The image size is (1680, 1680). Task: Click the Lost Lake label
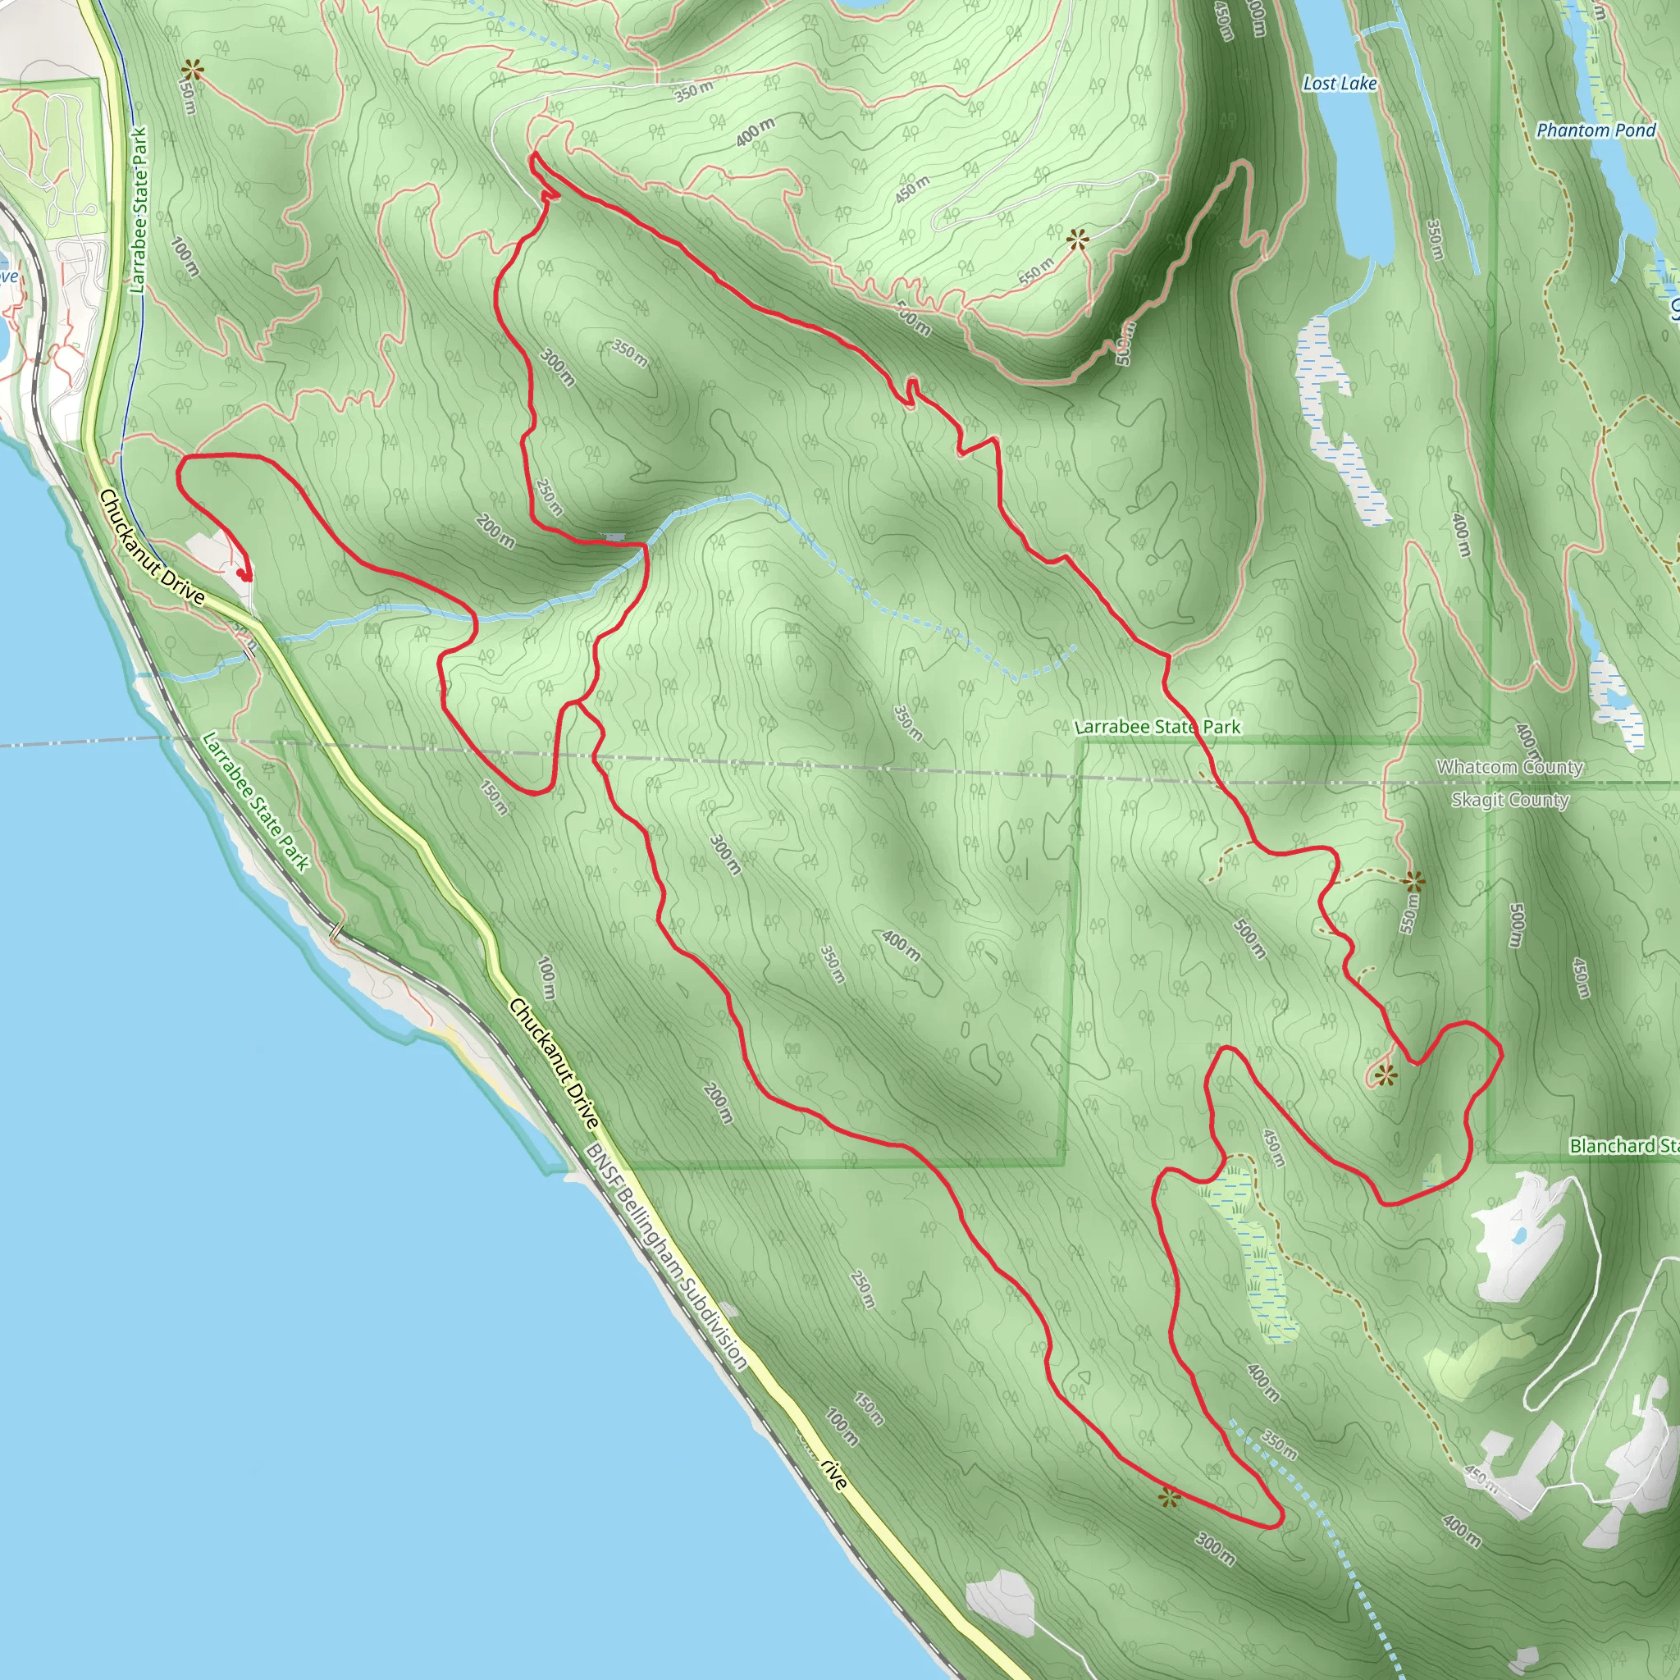1339,84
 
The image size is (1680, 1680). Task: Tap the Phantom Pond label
1596,130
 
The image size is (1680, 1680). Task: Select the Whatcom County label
1509,767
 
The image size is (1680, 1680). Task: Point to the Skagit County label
1509,800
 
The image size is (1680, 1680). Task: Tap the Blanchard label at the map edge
1623,1146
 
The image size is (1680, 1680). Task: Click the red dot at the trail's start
244,575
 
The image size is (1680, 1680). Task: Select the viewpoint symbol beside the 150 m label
192,70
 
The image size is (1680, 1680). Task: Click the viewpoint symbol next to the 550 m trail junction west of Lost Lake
1078,240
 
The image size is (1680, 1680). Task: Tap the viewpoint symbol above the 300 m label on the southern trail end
1171,1497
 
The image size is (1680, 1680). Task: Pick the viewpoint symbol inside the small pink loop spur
1386,1076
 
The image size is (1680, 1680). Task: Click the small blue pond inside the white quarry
1518,1235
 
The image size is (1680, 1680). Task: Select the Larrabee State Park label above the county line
1157,727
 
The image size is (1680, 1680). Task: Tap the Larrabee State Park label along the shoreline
256,801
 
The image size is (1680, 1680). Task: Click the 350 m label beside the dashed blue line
1279,1443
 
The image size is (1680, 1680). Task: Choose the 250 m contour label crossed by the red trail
548,496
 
